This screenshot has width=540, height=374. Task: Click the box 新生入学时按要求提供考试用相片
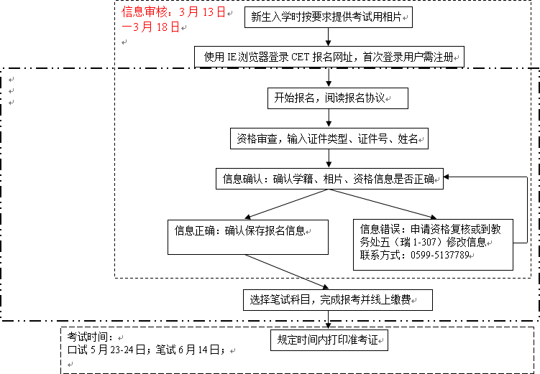[329, 17]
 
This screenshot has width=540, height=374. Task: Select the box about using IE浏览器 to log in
[329, 57]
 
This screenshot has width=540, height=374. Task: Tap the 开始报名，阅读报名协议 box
[338, 98]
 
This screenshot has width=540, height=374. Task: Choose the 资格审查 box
[329, 139]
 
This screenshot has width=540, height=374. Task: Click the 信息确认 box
[329, 179]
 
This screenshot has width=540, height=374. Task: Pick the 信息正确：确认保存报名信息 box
[248, 237]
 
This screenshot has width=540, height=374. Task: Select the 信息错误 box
[434, 245]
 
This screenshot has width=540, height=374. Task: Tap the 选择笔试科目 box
[338, 300]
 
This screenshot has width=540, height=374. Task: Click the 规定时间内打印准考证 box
[329, 340]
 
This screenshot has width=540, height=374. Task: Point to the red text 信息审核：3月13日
[173, 12]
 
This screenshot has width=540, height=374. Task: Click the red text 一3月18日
[150, 27]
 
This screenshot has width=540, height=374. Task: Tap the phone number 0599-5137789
[440, 255]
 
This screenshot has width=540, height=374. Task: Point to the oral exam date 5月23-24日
[118, 350]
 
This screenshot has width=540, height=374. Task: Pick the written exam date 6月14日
[198, 350]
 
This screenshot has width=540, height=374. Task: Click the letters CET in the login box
[300, 57]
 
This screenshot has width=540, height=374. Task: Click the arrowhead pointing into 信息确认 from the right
[447, 177]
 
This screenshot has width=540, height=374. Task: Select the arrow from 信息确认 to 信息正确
[287, 204]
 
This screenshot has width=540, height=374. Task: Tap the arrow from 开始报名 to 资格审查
[329, 118]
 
